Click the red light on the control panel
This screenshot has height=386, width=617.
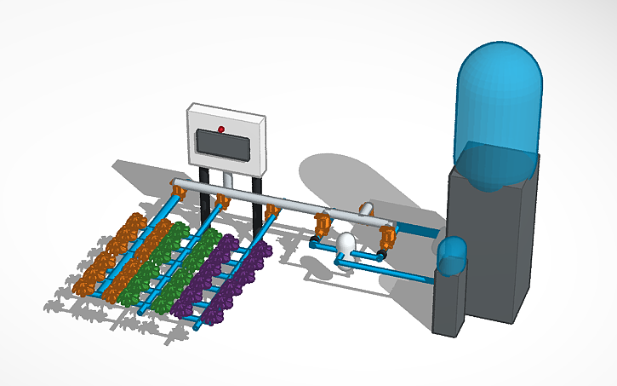coord(221,130)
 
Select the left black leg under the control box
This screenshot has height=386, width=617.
coord(205,198)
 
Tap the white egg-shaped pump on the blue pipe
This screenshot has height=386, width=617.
coord(346,245)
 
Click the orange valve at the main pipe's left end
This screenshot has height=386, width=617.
coord(180,188)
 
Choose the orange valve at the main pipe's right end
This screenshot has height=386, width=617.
coord(388,232)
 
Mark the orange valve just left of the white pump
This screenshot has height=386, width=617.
coord(323,226)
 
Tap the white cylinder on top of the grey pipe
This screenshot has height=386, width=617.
coord(367,209)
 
